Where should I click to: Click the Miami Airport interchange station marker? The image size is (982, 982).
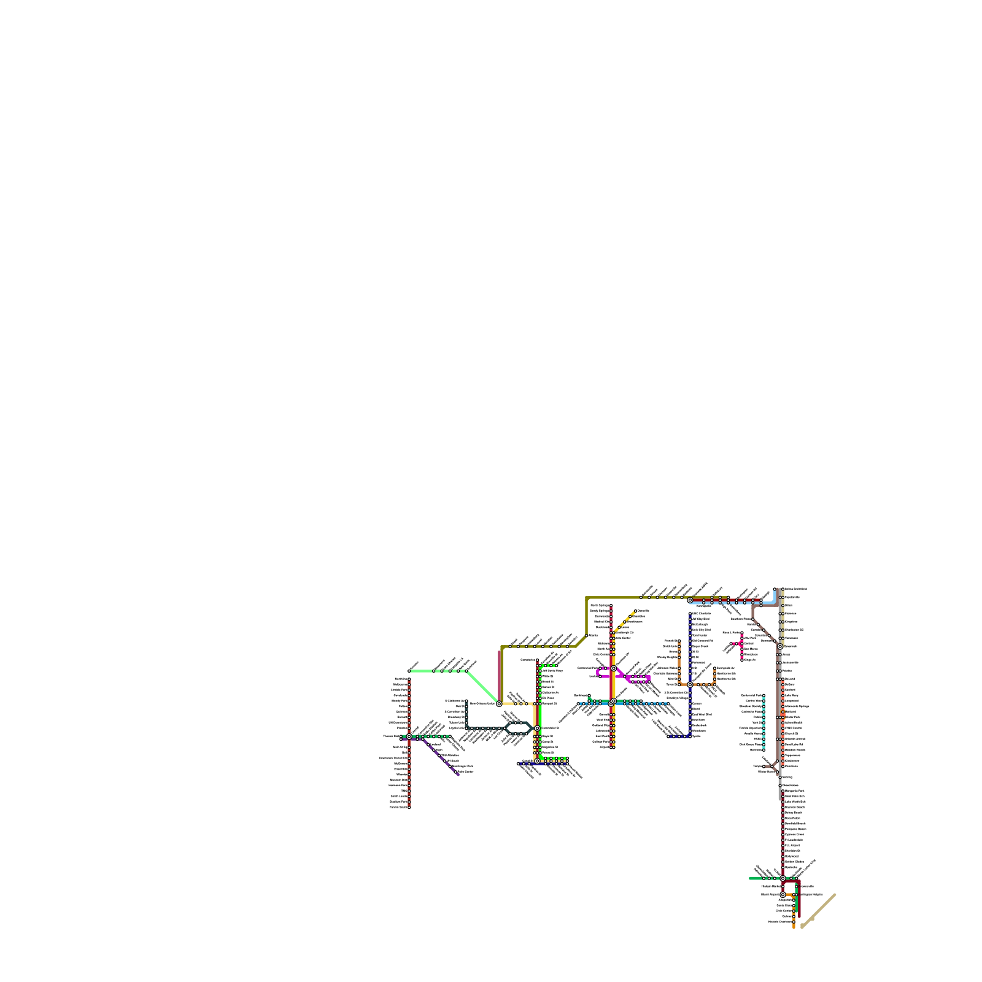[783, 894]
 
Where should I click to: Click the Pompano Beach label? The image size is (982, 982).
[795, 829]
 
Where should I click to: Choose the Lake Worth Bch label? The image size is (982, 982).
[795, 802]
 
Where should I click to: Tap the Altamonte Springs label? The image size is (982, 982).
[797, 706]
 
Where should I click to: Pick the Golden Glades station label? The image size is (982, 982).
[795, 862]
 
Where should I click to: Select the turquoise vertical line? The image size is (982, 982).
[764, 724]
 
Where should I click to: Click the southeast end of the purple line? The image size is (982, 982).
[458, 774]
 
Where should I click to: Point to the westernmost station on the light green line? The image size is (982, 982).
[409, 671]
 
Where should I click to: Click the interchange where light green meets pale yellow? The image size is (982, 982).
[499, 703]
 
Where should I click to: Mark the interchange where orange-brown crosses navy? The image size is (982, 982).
[690, 684]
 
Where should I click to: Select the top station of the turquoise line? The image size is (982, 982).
[764, 696]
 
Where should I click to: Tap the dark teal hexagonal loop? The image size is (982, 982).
[519, 729]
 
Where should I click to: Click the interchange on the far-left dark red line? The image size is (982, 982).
[409, 736]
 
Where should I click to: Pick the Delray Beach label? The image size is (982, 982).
[794, 813]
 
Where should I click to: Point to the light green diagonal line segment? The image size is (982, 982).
[483, 687]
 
